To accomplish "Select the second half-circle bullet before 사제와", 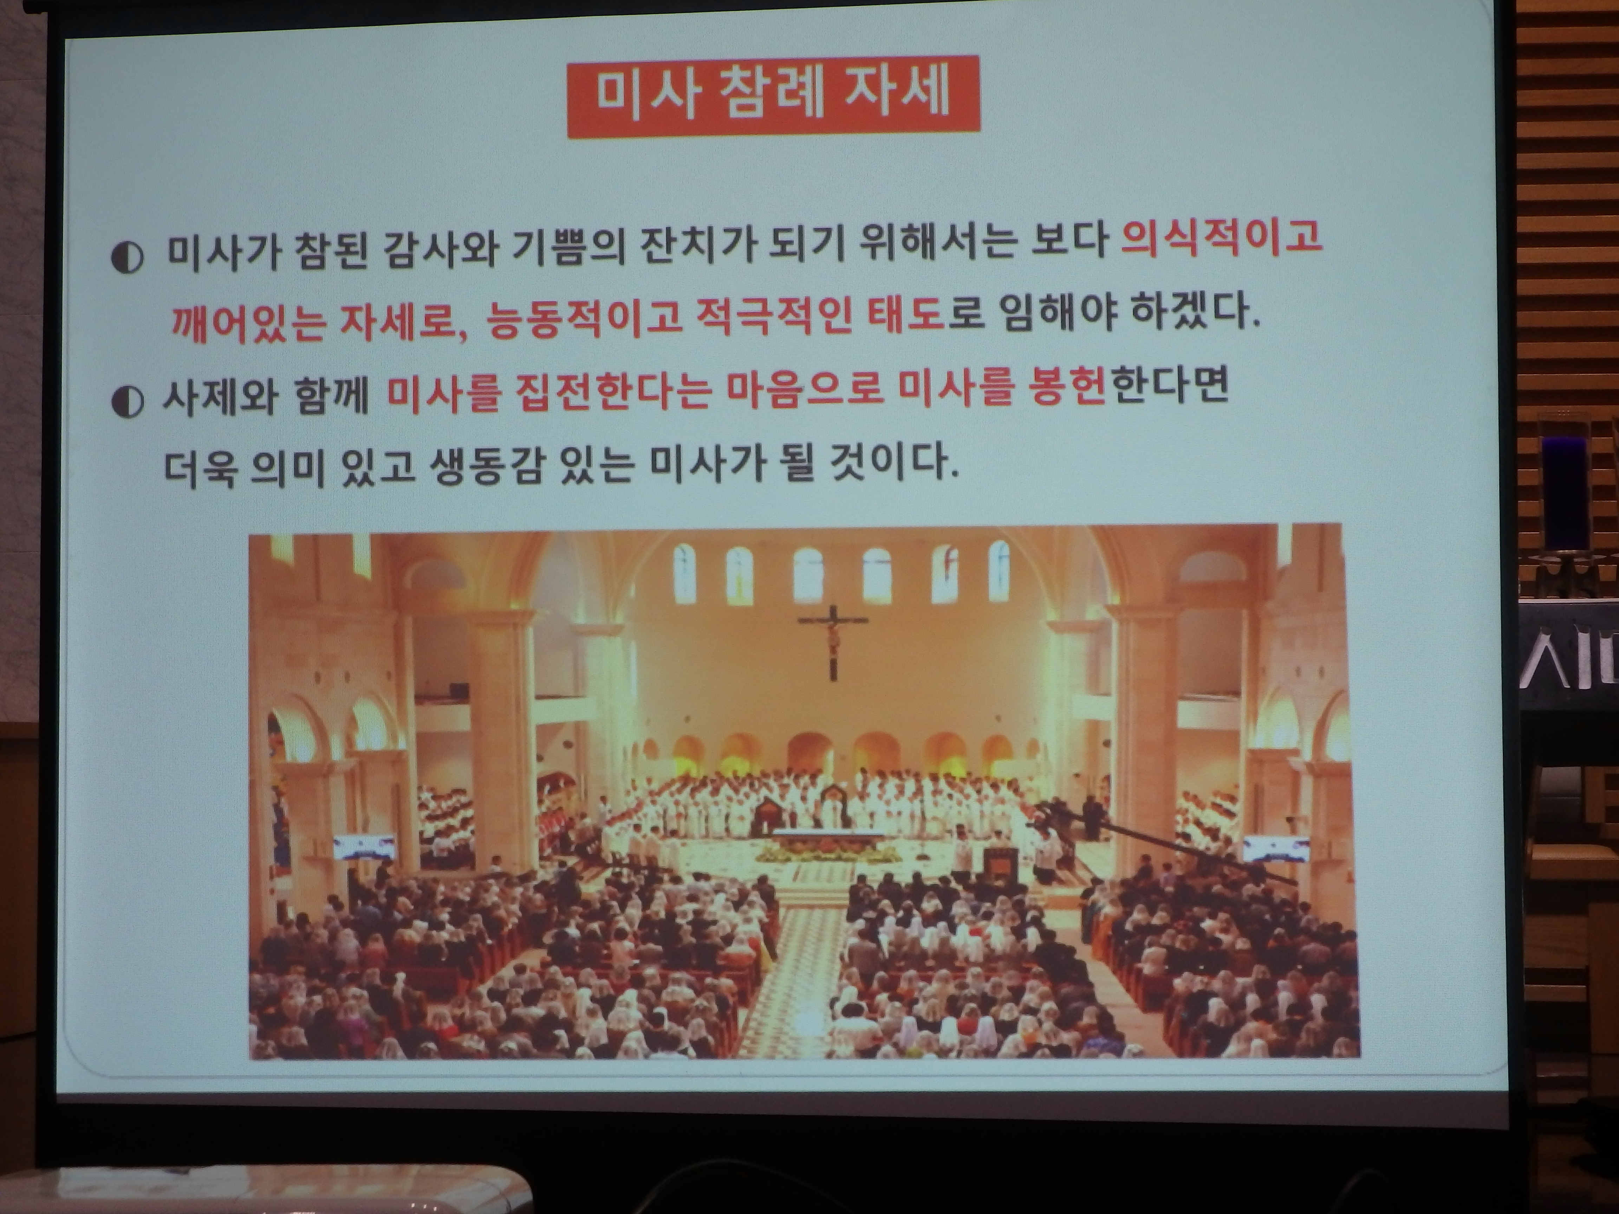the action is [127, 401].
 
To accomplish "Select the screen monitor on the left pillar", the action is [364, 847].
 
